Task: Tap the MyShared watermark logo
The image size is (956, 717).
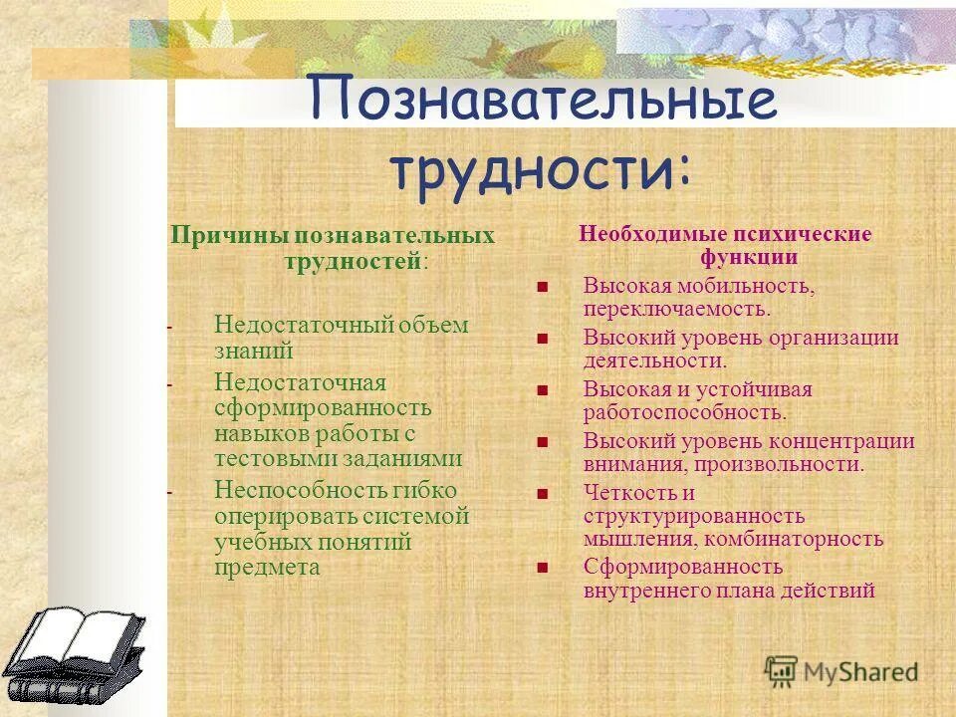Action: point(841,670)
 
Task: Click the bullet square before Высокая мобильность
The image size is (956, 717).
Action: point(543,287)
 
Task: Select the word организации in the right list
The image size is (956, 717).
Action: point(832,338)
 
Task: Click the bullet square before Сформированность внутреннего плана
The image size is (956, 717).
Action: point(543,568)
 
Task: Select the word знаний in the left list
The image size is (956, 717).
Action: point(253,351)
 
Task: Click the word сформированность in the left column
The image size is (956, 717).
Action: point(323,408)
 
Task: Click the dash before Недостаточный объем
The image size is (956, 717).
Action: point(169,327)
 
